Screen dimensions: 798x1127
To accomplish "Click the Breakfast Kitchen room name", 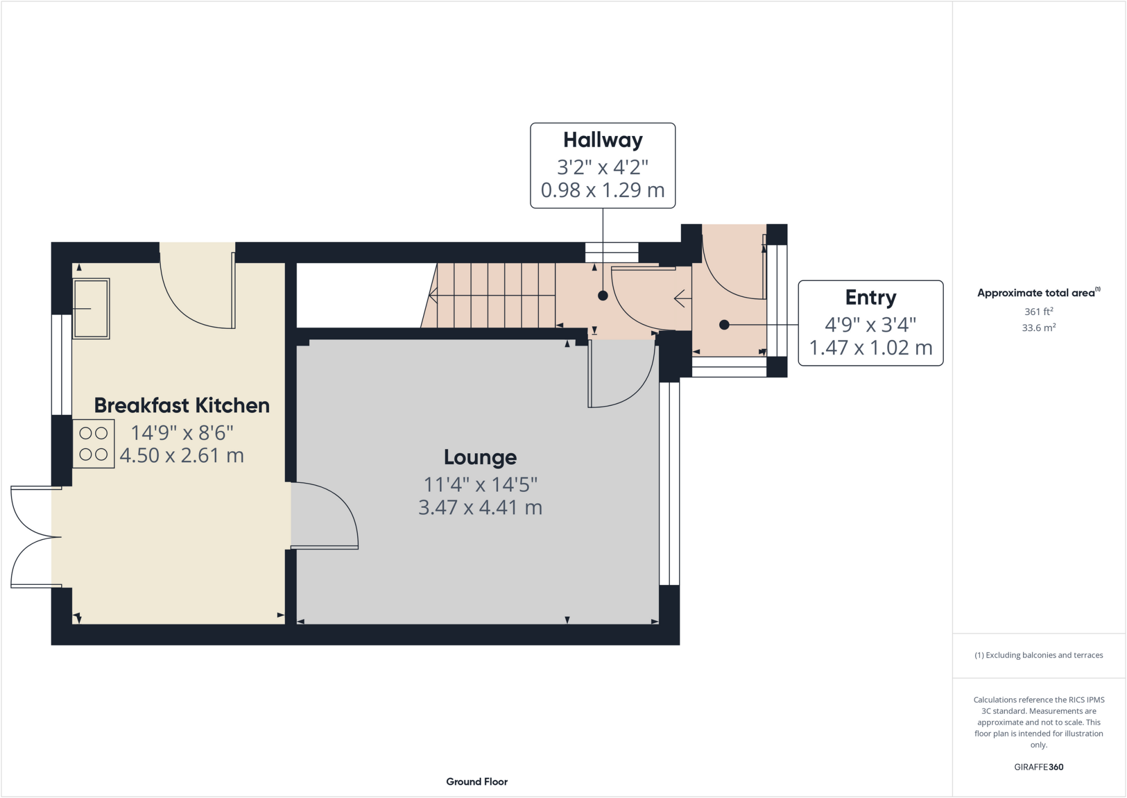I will tap(182, 405).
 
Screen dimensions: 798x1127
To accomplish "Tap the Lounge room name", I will tap(480, 457).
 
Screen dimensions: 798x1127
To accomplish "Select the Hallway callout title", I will tap(603, 140).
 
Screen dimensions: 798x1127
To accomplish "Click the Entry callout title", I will tap(871, 297).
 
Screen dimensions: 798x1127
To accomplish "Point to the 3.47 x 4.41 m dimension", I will tap(480, 507).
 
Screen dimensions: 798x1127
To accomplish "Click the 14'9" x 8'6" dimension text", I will tap(182, 433).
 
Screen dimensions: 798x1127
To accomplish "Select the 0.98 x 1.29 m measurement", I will tap(603, 190).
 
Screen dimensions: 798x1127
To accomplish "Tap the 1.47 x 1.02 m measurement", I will tap(871, 348).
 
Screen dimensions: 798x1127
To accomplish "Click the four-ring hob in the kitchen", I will tap(94, 444).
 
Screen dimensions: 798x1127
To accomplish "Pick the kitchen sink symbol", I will tap(91, 308).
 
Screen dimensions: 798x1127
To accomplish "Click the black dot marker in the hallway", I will tap(603, 296).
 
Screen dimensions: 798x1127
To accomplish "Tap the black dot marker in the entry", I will tap(724, 325).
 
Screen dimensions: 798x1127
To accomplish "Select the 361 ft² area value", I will tap(1038, 311).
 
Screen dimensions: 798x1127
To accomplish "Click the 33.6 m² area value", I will tap(1038, 328).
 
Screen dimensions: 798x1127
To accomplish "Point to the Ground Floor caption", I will tap(477, 781).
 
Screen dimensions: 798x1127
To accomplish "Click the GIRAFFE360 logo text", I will tap(1038, 767).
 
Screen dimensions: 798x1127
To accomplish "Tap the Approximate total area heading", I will tap(1038, 292).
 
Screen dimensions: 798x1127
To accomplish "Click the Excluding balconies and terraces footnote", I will tap(1038, 655).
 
